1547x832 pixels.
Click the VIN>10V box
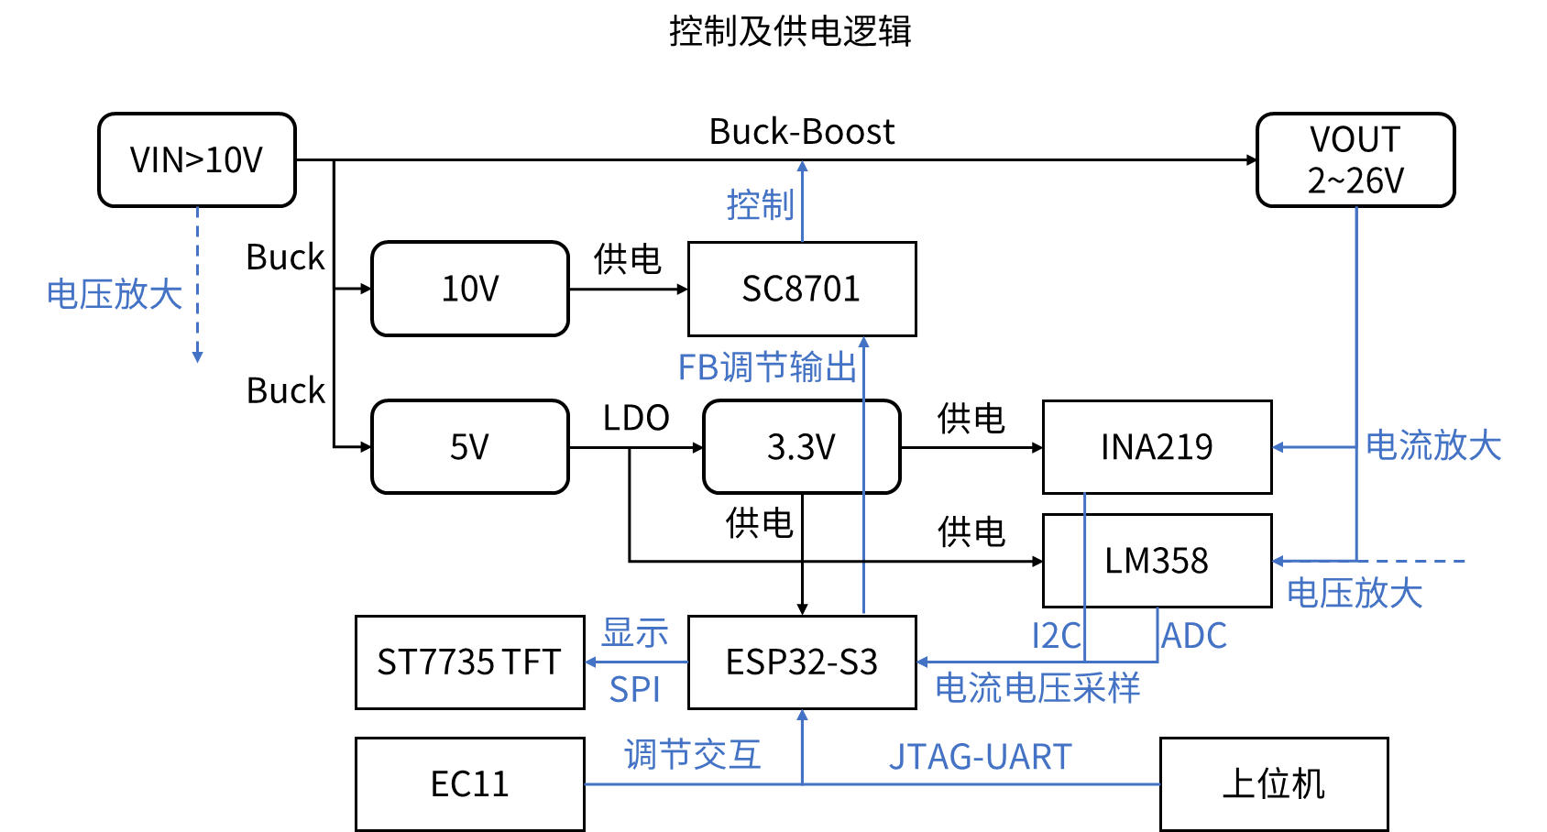tap(196, 160)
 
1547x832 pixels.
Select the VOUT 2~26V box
tap(1355, 160)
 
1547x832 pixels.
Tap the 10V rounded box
tap(469, 289)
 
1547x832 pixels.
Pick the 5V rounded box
tap(469, 447)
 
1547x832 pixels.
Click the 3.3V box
tap(801, 447)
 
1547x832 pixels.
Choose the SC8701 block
tap(801, 289)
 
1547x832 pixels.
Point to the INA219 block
tap(1157, 447)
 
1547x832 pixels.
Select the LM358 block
tap(1157, 561)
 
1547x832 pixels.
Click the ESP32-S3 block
tap(801, 662)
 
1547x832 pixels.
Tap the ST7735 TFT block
tap(469, 662)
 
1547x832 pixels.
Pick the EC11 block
tap(469, 784)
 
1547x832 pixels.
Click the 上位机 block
tap(1274, 784)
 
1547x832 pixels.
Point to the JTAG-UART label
tap(980, 757)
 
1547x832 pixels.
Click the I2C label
tap(1056, 635)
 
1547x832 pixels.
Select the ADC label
tap(1193, 635)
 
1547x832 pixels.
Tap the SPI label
tap(634, 689)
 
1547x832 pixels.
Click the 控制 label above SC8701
tap(760, 205)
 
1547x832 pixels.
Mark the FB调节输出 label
tap(767, 367)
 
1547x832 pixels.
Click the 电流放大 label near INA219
tap(1433, 446)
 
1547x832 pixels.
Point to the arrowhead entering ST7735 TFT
tap(590, 662)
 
